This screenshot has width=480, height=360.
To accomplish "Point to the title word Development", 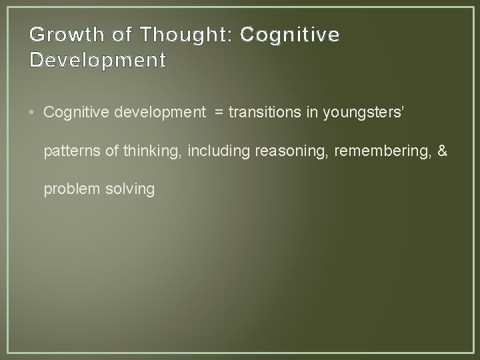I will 98,61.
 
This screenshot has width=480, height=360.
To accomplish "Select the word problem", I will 71,190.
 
